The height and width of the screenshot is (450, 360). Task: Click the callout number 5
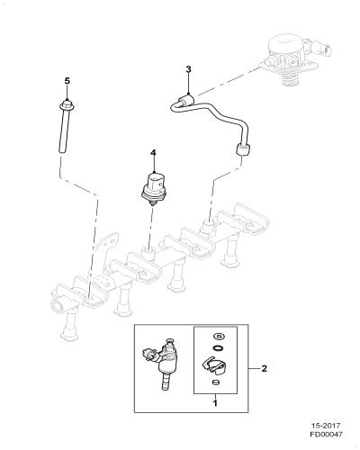coord(67,81)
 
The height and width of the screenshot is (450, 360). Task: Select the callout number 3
coord(188,69)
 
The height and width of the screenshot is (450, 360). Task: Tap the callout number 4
coord(153,153)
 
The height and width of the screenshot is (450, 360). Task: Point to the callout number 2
coord(264,368)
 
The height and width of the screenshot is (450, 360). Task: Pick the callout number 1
coord(215,402)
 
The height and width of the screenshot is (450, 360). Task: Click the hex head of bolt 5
coord(67,105)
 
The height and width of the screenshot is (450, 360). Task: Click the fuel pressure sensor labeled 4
coord(154,189)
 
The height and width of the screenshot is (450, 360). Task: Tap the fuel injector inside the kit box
coord(161,363)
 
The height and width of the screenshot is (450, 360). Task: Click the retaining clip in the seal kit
coord(215,366)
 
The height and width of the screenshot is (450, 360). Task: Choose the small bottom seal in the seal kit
coord(215,382)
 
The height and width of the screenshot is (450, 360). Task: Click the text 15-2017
coord(326,426)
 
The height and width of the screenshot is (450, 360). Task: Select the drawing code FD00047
coord(326,434)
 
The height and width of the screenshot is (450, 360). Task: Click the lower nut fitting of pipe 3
coord(242,149)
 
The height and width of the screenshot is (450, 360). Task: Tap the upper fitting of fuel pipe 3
coord(186,101)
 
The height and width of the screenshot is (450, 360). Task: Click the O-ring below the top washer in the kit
coord(217,348)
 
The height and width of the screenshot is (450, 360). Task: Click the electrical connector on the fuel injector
coord(149,355)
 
